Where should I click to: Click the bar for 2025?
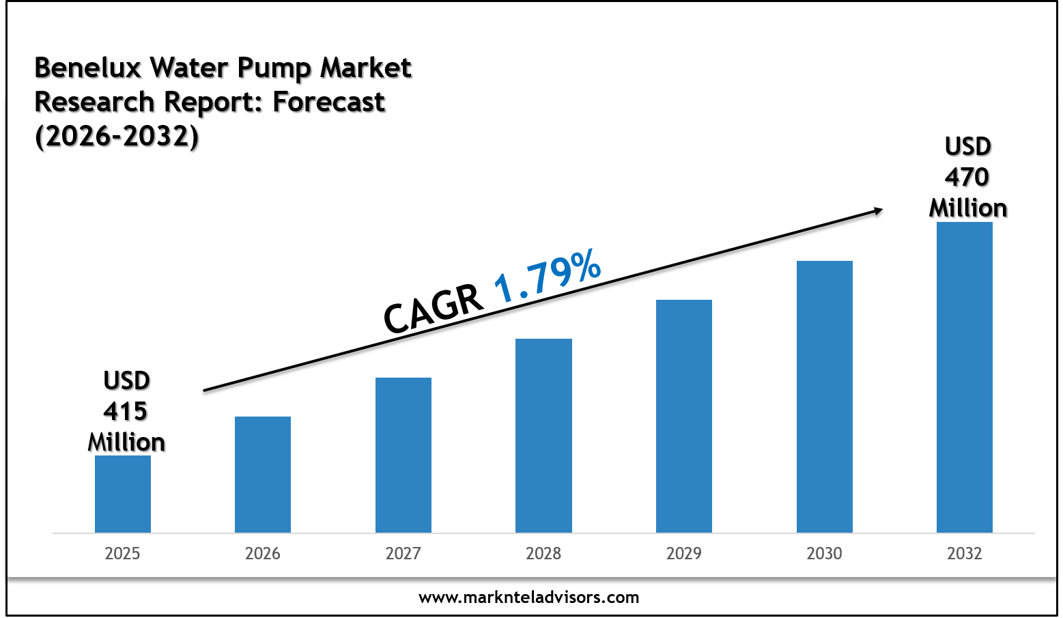point(123,494)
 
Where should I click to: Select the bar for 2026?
point(263,475)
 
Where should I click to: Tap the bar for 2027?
point(403,455)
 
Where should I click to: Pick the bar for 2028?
point(543,436)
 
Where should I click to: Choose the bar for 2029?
point(684,416)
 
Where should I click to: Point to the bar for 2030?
point(825,397)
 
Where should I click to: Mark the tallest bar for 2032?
point(965,377)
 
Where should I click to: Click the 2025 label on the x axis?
point(123,553)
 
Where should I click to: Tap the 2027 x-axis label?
point(403,553)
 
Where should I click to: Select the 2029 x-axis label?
point(684,553)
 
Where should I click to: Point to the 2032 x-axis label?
point(965,553)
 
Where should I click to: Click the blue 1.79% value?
point(548,276)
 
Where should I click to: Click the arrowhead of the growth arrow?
point(877,211)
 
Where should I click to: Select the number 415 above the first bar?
point(126,411)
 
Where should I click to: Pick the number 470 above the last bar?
point(967,178)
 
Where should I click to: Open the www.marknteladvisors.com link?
point(529,598)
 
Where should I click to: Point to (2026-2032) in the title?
point(117,136)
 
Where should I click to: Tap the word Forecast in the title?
point(329,102)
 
